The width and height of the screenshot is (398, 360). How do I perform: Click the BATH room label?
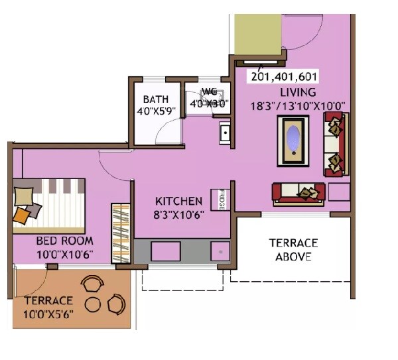(x=156, y=99)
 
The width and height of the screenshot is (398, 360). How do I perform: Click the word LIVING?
(x=297, y=92)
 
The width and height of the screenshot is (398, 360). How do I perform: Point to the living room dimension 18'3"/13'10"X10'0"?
(x=298, y=105)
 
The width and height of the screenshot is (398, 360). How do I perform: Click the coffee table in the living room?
(x=293, y=140)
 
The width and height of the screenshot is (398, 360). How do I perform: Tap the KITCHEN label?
(x=178, y=201)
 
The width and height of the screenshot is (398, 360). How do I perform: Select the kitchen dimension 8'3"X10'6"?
(x=178, y=214)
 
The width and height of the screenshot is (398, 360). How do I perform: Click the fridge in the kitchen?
(x=218, y=200)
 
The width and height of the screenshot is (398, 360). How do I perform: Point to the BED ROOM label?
(x=64, y=241)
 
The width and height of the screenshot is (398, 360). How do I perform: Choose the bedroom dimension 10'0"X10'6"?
(x=64, y=254)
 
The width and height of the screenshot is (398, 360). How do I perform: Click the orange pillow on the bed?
(x=22, y=215)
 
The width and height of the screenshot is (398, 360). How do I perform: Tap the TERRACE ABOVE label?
(x=293, y=249)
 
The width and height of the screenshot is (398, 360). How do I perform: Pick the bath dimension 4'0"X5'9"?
(x=156, y=111)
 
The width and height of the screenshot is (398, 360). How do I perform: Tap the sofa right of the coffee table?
(x=335, y=144)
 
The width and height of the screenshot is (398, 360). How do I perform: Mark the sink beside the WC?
(x=226, y=133)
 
